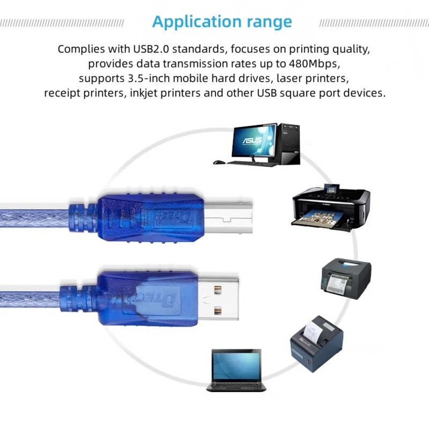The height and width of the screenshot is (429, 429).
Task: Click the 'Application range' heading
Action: pyautogui.click(x=222, y=22)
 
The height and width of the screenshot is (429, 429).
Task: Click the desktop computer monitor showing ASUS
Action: pyautogui.click(x=254, y=141)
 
